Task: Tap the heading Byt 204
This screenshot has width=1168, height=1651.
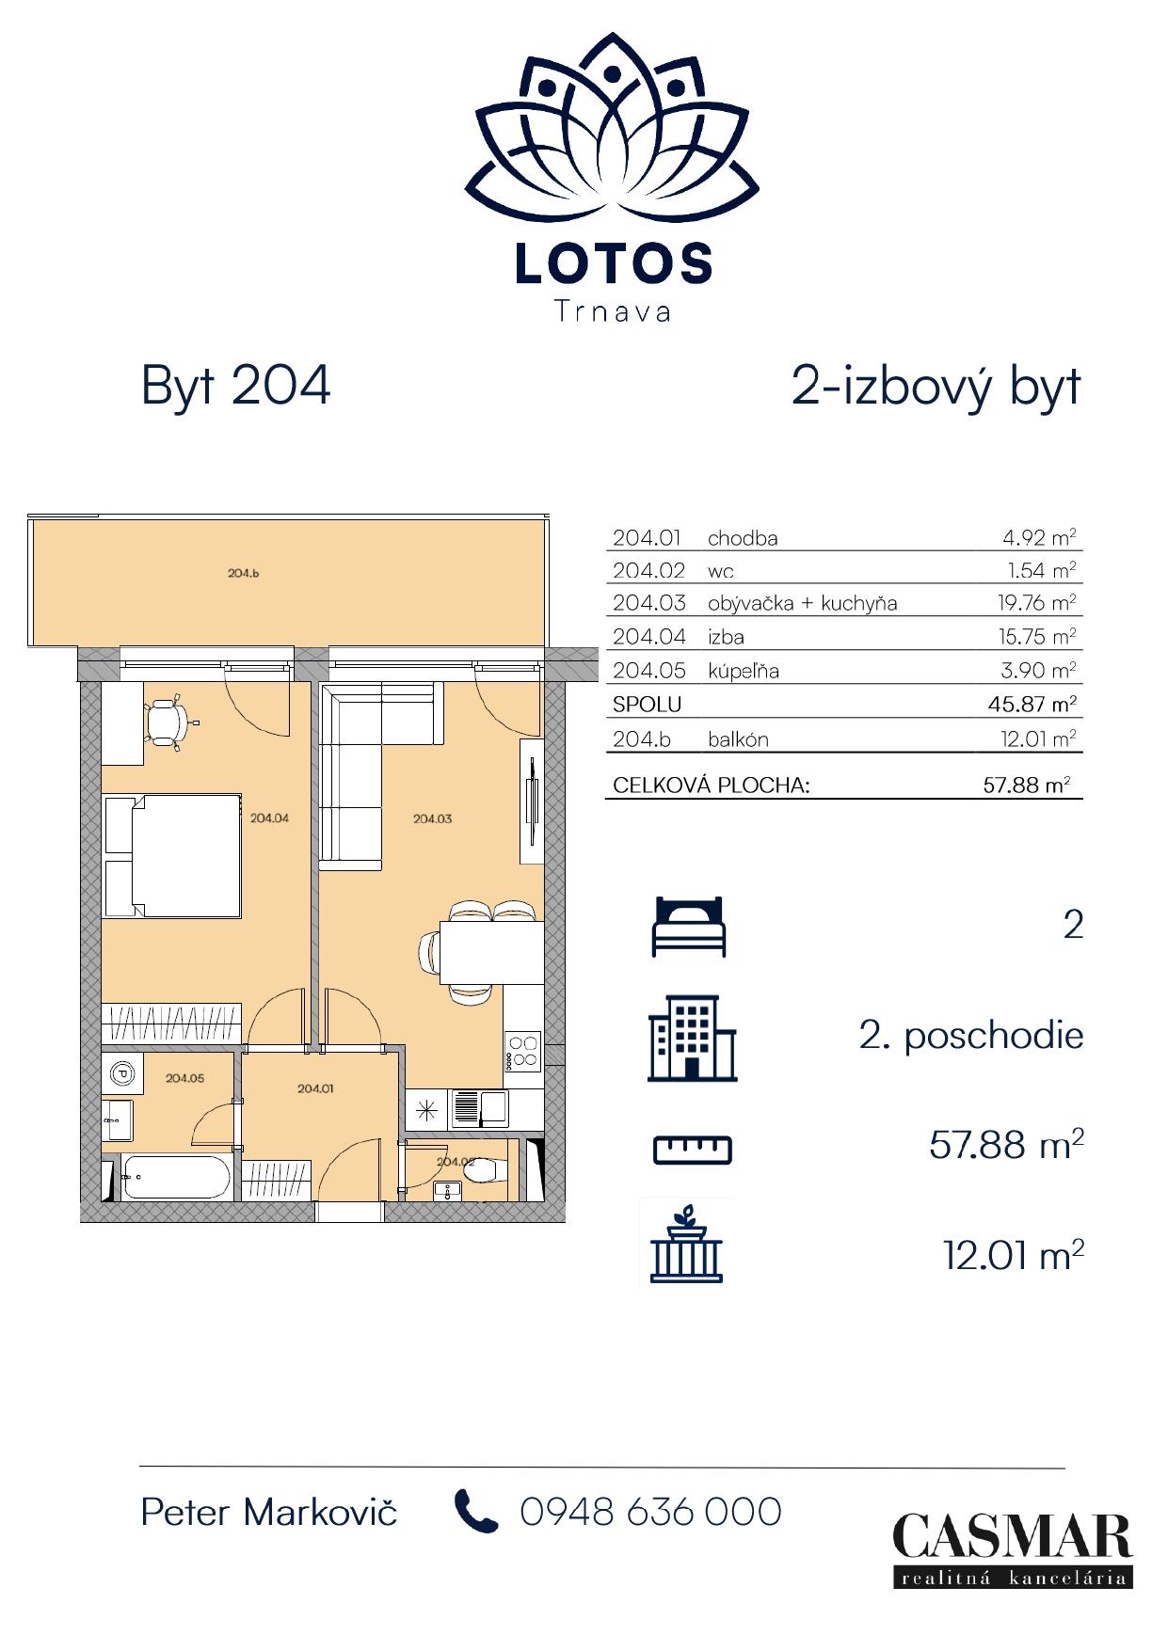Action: coord(235,386)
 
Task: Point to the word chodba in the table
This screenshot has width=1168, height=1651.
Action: coord(743,539)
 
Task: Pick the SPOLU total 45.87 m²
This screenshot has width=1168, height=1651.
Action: coord(1037,704)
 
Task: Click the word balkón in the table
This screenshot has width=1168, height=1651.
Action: coord(738,739)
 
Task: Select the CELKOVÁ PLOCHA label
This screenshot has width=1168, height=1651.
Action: coord(712,785)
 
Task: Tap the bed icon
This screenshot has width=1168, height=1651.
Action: coord(689,927)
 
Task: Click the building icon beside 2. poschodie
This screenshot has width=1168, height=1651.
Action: coord(692,1038)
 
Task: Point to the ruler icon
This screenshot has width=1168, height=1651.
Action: coord(693,1150)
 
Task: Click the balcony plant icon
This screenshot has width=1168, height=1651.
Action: coord(687,1244)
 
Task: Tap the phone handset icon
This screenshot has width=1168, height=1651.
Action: coord(476,1511)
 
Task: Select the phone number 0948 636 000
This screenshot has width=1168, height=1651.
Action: coord(651,1512)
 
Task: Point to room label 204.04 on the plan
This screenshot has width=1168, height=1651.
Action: coord(269,818)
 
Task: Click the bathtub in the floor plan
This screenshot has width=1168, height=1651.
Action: coord(176,1177)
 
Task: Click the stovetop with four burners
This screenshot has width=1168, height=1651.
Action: coord(522,1052)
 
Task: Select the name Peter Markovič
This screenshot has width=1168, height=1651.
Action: coord(269,1512)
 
